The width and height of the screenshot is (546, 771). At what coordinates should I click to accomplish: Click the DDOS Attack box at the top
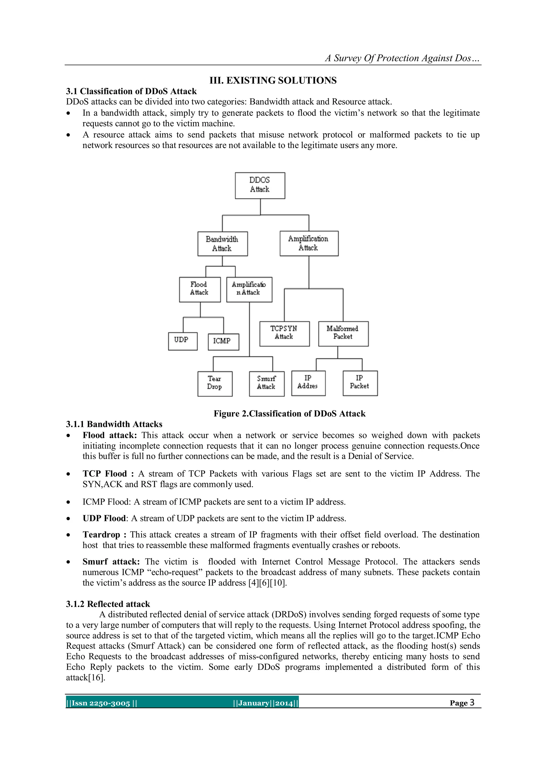pos(260,185)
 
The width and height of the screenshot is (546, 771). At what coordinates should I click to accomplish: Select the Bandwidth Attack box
pos(222,244)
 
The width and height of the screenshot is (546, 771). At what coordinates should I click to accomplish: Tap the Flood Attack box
pos(200,289)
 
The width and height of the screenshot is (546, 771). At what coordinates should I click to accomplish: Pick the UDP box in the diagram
pos(182,341)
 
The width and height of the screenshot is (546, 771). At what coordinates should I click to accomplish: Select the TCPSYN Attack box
pos(284,333)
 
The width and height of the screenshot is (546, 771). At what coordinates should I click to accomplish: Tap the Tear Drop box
pos(215,384)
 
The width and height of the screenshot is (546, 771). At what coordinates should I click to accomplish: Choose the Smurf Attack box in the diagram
pos(266,384)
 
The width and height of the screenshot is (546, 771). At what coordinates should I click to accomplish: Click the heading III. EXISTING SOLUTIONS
pos(273,81)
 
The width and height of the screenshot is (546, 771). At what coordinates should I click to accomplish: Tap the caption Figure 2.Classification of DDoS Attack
pos(289,414)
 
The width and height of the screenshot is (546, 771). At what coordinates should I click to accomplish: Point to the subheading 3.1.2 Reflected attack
pos(108,604)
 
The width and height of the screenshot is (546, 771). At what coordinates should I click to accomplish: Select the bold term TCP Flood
pos(105,474)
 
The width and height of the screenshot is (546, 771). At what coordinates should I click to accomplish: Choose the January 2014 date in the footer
pos(266,703)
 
